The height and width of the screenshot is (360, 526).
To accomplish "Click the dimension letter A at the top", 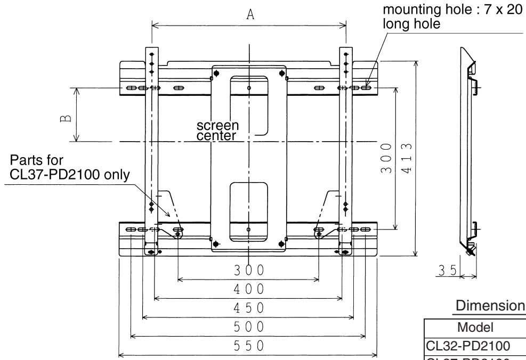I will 249,15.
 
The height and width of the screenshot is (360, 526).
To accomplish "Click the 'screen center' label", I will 218,130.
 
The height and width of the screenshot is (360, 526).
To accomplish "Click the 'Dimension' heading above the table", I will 489,307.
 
